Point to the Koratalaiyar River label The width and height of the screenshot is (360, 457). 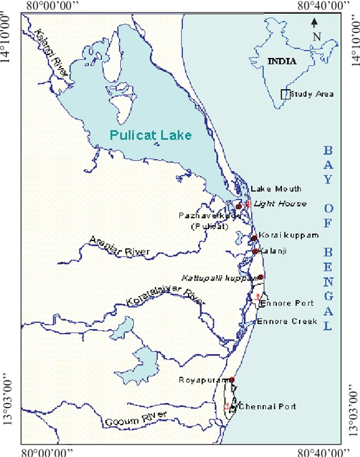(161, 297)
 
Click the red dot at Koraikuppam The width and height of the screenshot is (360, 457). (254, 238)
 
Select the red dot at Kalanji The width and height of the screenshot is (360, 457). (255, 251)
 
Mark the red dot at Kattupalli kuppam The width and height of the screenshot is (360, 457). (260, 277)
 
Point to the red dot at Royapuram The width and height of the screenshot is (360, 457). (232, 379)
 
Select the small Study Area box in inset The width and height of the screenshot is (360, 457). (285, 94)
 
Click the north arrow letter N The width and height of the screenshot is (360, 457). (317, 36)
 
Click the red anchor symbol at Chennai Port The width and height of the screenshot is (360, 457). (227, 407)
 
